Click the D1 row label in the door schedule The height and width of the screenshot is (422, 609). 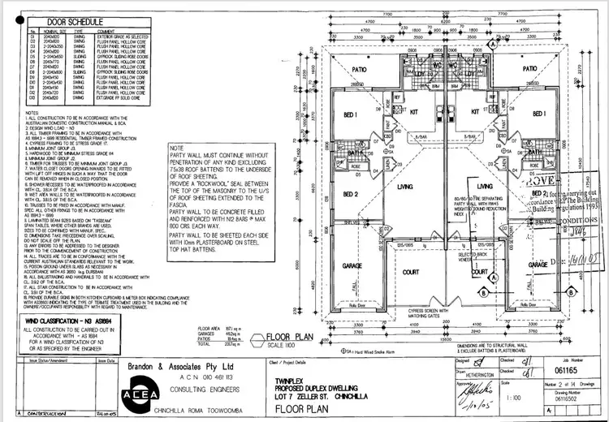tap(32, 37)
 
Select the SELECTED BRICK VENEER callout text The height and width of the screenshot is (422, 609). tap(493, 257)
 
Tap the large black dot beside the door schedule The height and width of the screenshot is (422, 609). tap(11, 23)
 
